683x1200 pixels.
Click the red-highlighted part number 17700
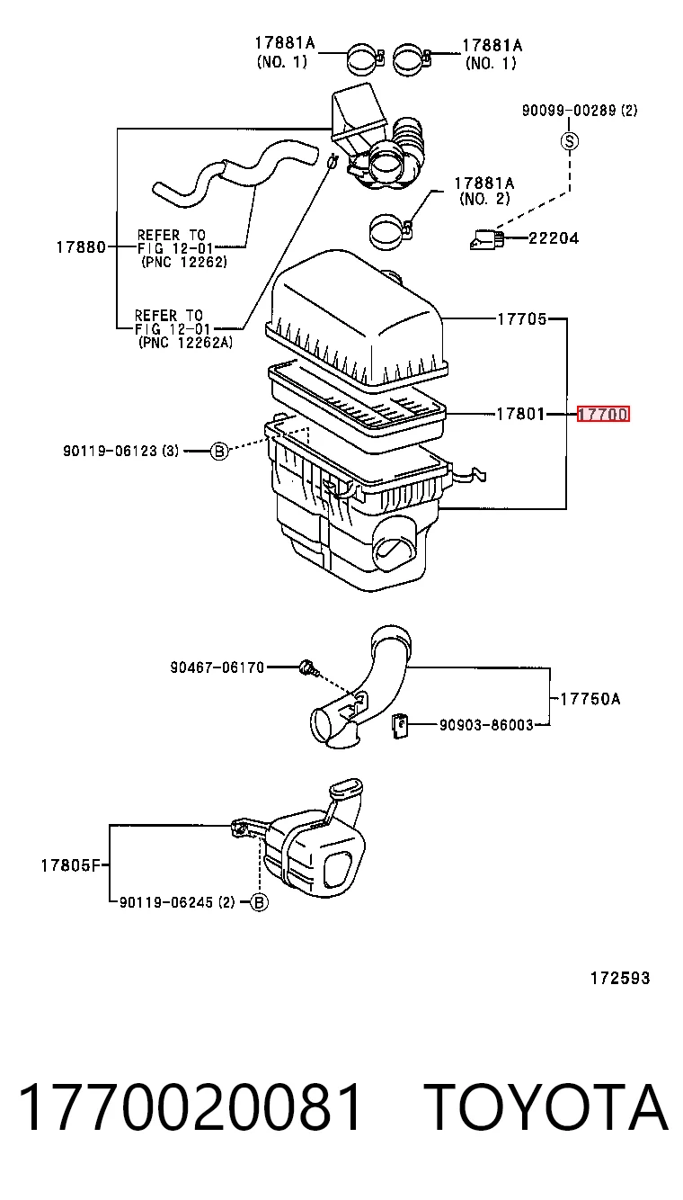pos(603,414)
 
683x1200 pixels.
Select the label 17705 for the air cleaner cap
pos(522,319)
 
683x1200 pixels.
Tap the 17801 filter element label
pos(520,414)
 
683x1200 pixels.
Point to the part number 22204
pos(554,237)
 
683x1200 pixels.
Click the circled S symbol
pos(570,141)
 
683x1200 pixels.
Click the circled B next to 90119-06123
pos(219,451)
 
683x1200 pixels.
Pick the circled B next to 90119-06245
pos(259,902)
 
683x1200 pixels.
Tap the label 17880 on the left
pos(81,247)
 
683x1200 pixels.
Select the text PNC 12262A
pos(185,343)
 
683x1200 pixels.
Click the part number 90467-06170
pos(217,667)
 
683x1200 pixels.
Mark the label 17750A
pos(590,699)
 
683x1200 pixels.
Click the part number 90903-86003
pos(486,725)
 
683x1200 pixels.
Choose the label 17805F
pos(71,865)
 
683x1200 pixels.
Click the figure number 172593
pos(620,978)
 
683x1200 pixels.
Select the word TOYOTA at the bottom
pos(549,1108)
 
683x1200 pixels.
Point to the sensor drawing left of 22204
pos(487,239)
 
